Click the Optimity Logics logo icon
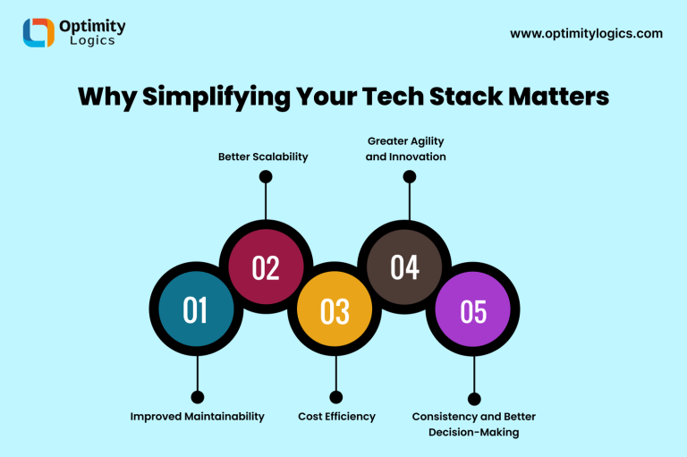[38, 32]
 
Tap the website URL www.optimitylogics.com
[586, 33]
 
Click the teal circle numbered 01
[195, 309]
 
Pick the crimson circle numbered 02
[266, 267]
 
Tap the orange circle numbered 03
[335, 310]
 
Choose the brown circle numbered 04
[404, 267]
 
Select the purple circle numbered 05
[473, 310]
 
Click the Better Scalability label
[263, 157]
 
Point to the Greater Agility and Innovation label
[406, 148]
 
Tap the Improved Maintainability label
[197, 416]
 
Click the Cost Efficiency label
[336, 416]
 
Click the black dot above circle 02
[265, 177]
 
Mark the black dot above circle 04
[410, 177]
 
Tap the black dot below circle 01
[197, 397]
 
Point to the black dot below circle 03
[335, 397]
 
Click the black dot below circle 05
[474, 399]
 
